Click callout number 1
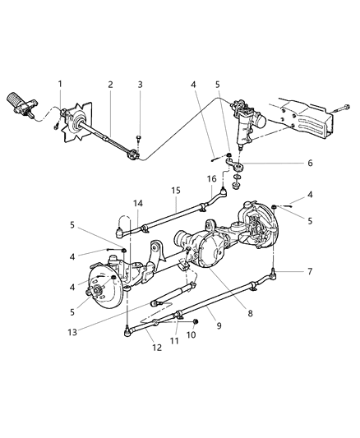59,84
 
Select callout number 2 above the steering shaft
109,84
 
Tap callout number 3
140,84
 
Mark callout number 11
173,339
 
